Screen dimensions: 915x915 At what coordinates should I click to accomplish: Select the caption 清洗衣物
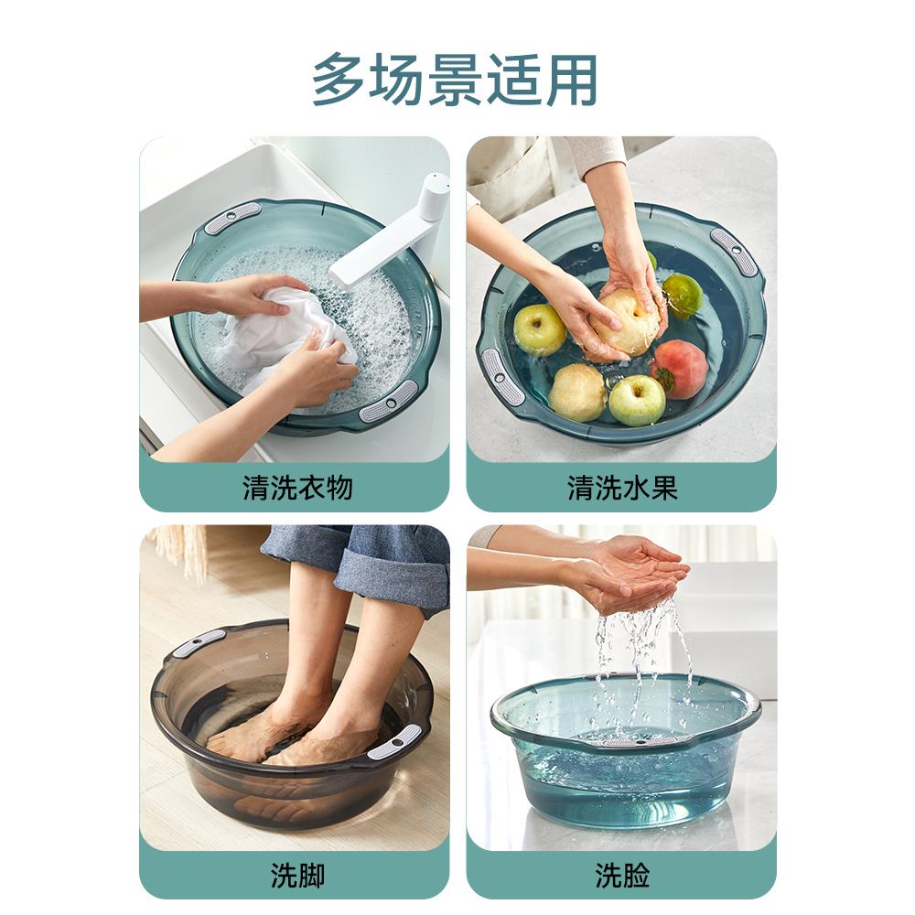[297, 488]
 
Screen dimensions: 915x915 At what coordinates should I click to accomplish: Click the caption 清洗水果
[622, 488]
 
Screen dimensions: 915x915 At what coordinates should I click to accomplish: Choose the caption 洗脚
[297, 876]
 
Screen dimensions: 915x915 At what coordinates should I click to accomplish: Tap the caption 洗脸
[622, 876]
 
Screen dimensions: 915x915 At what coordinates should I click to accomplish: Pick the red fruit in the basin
[681, 368]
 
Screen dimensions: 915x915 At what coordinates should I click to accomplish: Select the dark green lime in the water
[683, 295]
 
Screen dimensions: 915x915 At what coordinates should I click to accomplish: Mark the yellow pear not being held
[577, 392]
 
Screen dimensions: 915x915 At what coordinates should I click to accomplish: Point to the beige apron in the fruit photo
[512, 174]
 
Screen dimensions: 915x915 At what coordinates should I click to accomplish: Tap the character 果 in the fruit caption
[664, 488]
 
